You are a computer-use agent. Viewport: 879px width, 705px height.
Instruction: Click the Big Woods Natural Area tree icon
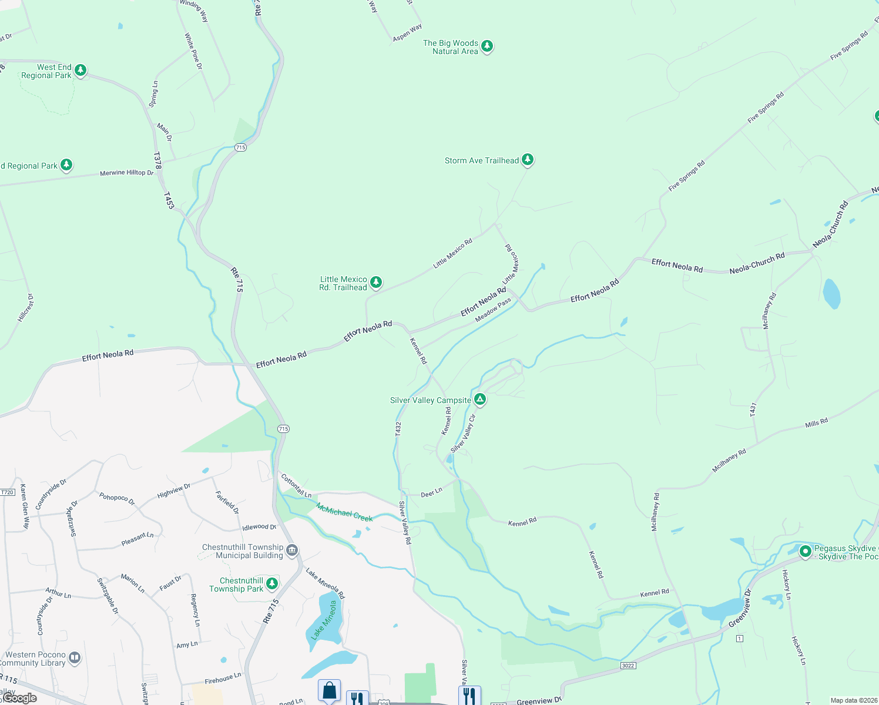[487, 46]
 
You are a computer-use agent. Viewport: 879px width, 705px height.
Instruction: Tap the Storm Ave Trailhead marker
[528, 159]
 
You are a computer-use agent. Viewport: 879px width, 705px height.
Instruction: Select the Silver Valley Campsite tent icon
[480, 399]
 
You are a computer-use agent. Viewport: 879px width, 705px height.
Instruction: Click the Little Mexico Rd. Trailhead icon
[376, 282]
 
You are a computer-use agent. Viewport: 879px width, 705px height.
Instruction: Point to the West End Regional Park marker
[80, 70]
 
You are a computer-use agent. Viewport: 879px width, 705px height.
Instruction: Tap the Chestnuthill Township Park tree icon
[271, 583]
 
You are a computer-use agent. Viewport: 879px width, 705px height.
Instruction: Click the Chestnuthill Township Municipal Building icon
[292, 550]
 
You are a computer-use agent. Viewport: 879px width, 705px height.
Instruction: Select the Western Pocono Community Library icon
[75, 657]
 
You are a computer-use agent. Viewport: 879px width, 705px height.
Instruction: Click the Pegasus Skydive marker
[805, 551]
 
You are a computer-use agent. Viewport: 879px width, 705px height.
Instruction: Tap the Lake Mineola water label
[324, 620]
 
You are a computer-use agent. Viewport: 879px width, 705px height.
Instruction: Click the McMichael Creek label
[344, 512]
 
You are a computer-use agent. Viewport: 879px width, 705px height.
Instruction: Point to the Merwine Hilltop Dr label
[126, 173]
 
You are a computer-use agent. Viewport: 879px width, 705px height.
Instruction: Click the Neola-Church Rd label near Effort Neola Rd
[757, 263]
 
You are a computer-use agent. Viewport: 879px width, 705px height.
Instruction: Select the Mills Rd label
[816, 423]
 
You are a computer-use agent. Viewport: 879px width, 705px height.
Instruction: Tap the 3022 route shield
[628, 665]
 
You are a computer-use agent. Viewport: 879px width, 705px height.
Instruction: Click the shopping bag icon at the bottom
[329, 690]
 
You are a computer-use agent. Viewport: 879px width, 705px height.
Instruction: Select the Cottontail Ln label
[296, 486]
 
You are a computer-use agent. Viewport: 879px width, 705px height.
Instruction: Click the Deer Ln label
[431, 493]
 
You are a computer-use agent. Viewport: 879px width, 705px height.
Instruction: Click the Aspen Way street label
[407, 33]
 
